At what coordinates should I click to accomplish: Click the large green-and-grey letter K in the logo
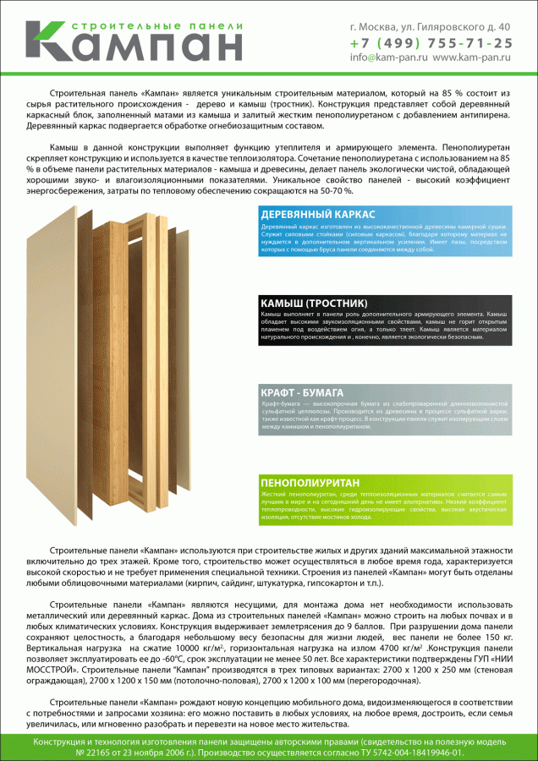[51, 40]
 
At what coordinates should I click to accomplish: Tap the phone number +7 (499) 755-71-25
[431, 42]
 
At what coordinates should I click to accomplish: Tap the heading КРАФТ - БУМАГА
[301, 394]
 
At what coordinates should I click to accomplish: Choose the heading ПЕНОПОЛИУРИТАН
[310, 482]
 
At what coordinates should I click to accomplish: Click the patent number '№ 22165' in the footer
[95, 752]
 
